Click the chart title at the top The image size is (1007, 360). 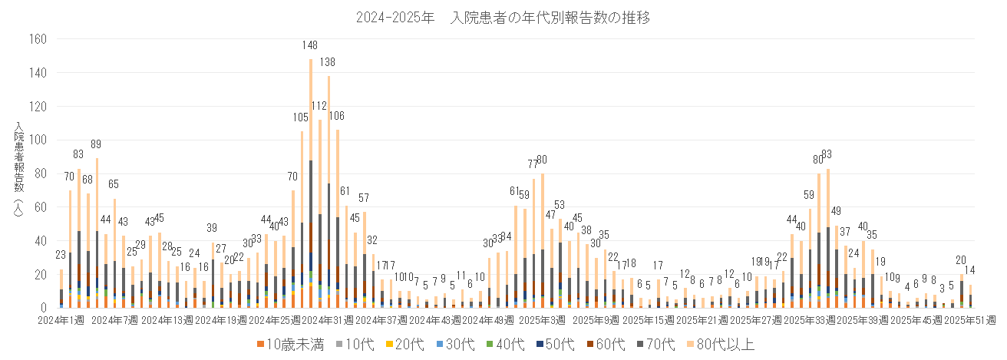click(503, 18)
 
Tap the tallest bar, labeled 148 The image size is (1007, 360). click(310, 184)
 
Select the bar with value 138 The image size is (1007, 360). click(329, 192)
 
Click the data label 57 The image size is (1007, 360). click(364, 198)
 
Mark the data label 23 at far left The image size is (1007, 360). click(61, 256)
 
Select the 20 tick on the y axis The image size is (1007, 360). click(42, 274)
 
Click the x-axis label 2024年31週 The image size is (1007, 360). click(310, 319)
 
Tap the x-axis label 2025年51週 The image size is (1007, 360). click(969, 319)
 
